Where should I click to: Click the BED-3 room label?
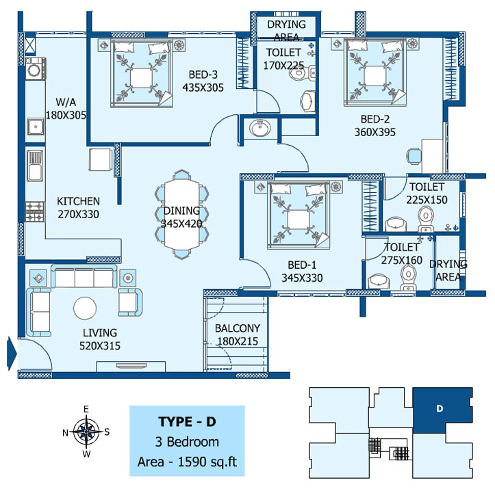coord(203,75)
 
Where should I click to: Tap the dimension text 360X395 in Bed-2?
coord(375,132)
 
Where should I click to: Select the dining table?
coord(182,214)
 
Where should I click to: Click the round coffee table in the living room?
coord(85,308)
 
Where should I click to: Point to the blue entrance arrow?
coord(12,353)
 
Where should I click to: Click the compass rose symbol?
coord(86,432)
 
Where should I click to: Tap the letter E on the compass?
coord(86,410)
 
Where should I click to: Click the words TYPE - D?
coord(187,421)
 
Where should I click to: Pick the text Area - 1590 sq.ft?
coord(187,462)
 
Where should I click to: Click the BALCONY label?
coord(238,328)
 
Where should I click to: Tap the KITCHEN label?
coord(78,201)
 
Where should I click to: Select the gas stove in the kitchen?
coord(35,211)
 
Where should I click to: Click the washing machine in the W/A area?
coord(35,69)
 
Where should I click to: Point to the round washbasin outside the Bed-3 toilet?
coord(260,129)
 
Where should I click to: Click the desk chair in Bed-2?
coord(414,157)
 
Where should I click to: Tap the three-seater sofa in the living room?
coord(84,276)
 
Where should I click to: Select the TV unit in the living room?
coord(131,367)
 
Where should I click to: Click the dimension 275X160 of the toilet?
coord(402,260)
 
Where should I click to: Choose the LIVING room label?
coord(100,333)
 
